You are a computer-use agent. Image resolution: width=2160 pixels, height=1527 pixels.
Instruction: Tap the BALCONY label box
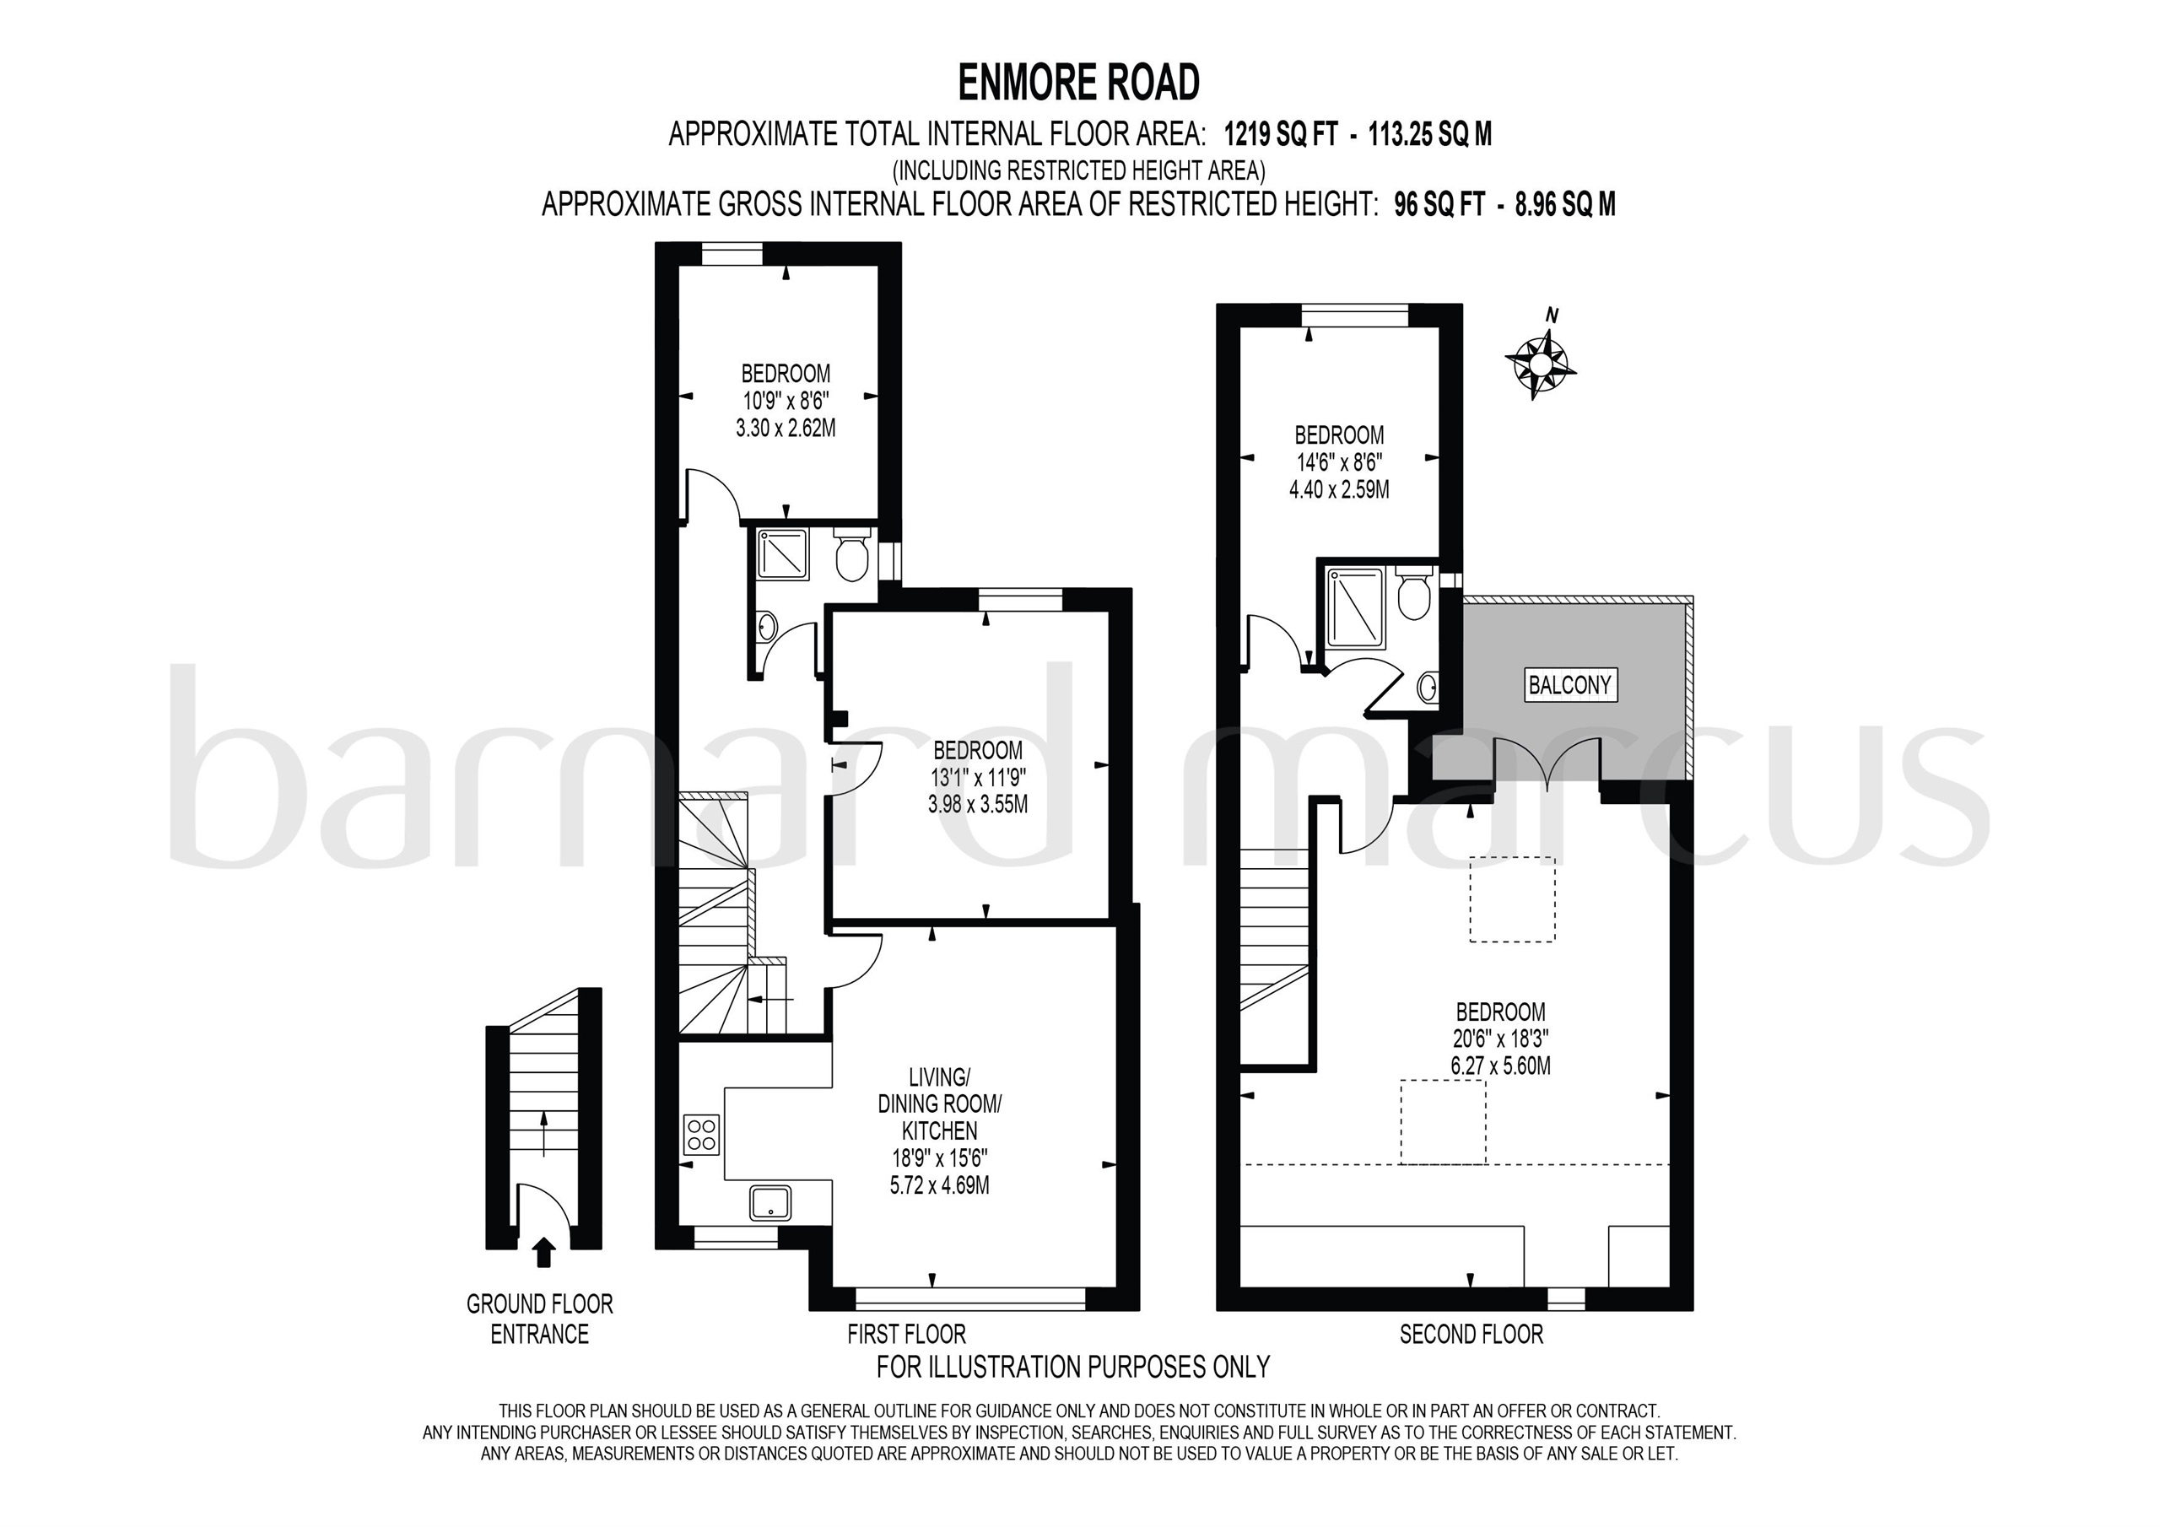pyautogui.click(x=1569, y=685)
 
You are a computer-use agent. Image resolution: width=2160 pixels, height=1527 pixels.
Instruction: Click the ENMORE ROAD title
pyautogui.click(x=1079, y=83)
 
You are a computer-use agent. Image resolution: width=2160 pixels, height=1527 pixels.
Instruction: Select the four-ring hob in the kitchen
pyautogui.click(x=702, y=1135)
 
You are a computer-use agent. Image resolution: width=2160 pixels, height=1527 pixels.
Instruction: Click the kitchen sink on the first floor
pyautogui.click(x=770, y=1203)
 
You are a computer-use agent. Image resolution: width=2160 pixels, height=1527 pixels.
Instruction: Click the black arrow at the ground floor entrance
pyautogui.click(x=543, y=1252)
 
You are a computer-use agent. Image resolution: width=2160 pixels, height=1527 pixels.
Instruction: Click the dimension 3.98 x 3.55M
pyautogui.click(x=977, y=805)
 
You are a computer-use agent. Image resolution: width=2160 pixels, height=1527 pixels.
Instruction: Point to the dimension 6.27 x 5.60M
pyautogui.click(x=1499, y=1066)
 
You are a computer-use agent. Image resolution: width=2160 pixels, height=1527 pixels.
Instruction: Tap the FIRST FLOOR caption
pyautogui.click(x=906, y=1334)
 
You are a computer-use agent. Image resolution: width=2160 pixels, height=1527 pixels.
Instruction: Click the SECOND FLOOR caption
pyautogui.click(x=1471, y=1334)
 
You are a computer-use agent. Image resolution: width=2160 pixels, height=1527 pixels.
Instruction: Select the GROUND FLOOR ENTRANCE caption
pyautogui.click(x=539, y=1319)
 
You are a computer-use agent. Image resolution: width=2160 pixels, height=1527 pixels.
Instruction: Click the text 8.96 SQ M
pyautogui.click(x=1564, y=205)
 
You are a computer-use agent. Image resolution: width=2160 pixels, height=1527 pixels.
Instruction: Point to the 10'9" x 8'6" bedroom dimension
pyautogui.click(x=786, y=400)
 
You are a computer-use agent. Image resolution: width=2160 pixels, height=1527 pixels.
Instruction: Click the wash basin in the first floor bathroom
pyautogui.click(x=768, y=623)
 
